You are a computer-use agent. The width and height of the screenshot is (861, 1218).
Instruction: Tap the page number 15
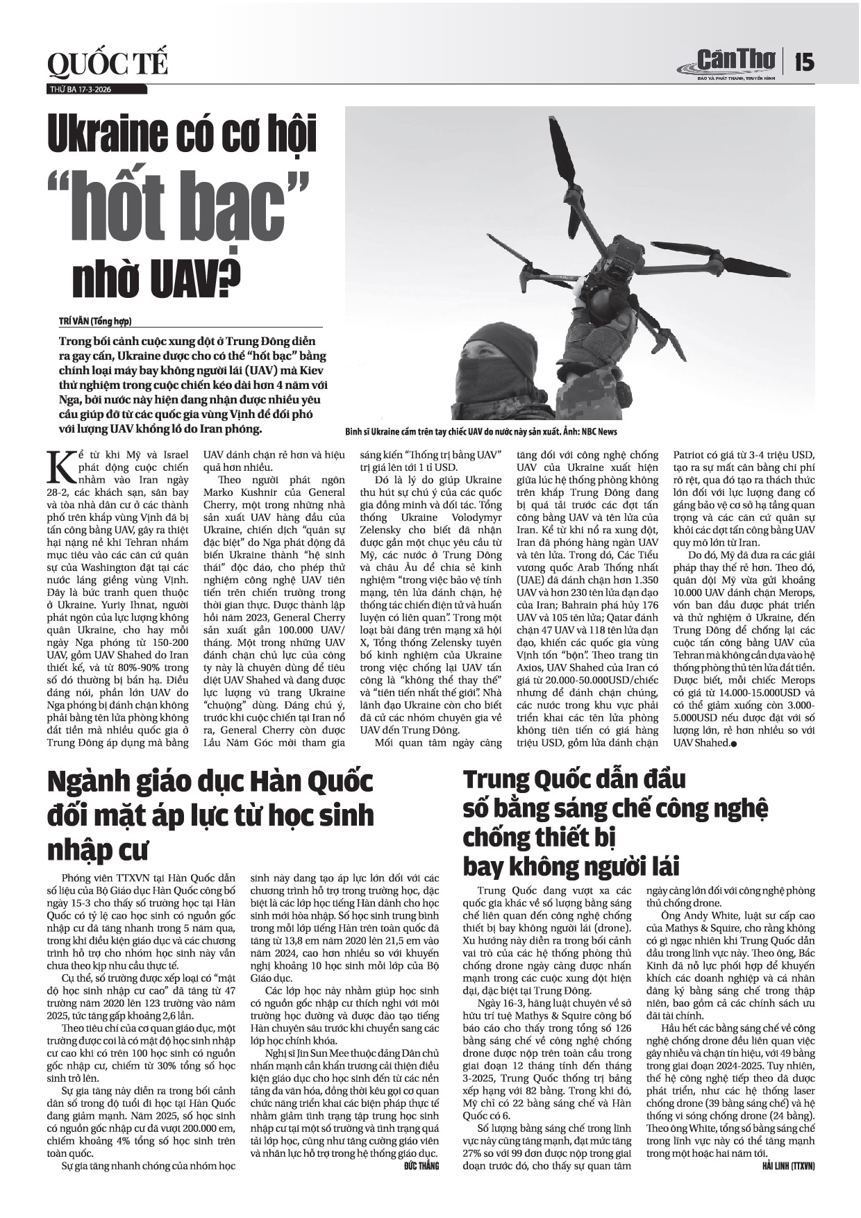pos(804,62)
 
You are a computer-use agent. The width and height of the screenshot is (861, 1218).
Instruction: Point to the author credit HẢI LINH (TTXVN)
pos(787,1167)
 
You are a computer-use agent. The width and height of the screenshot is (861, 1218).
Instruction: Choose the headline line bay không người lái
pos(571,867)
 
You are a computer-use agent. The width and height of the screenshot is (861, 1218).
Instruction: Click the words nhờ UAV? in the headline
pos(156,280)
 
